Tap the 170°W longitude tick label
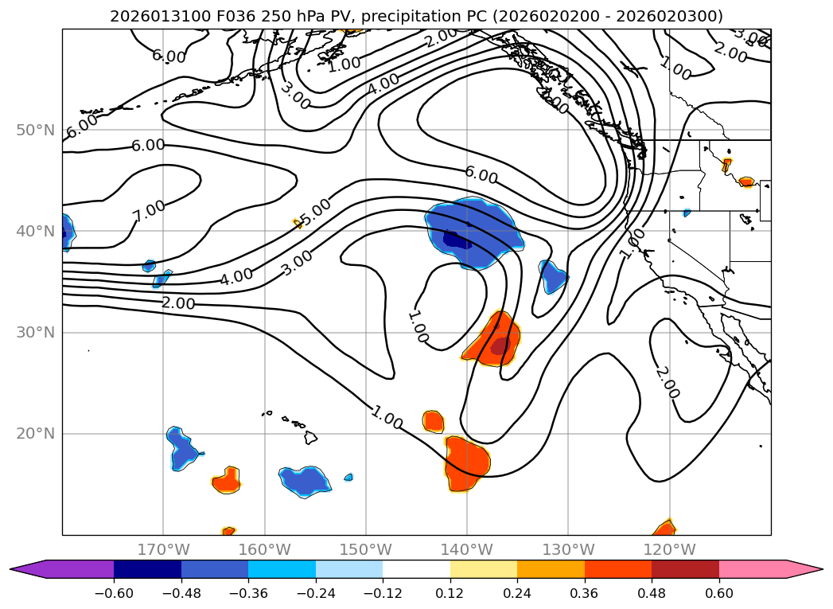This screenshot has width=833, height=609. (x=163, y=549)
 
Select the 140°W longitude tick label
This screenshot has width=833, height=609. (x=466, y=549)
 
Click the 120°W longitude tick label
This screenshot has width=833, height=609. (x=669, y=549)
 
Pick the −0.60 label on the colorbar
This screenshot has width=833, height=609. (x=114, y=595)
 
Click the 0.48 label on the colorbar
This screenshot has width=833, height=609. (x=652, y=595)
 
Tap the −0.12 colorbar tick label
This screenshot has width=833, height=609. (x=383, y=595)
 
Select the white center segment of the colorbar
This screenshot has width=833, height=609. (x=416, y=569)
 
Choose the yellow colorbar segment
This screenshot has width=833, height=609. (x=483, y=569)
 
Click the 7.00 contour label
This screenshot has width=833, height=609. (x=149, y=211)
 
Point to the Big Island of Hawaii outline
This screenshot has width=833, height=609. (x=311, y=438)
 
